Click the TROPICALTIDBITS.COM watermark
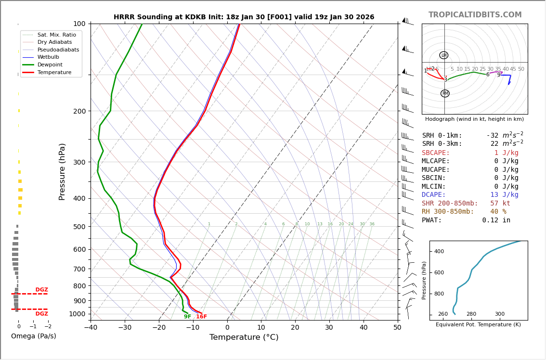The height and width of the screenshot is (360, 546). (475, 15)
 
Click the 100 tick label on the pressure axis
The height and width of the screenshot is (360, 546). (79, 24)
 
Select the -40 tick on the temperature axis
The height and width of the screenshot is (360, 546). (91, 328)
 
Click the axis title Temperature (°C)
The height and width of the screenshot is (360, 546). (244, 337)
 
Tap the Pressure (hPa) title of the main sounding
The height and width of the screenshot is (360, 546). (62, 171)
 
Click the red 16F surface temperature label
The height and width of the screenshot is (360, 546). (201, 317)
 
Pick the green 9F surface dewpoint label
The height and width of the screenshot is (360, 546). (187, 317)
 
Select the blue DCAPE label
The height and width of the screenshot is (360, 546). (434, 195)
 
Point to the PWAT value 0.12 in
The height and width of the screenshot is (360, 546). (496, 220)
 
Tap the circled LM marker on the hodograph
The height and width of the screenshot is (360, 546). (443, 55)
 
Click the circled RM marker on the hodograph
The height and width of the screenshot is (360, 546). (445, 93)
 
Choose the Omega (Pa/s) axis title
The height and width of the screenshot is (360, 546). (33, 336)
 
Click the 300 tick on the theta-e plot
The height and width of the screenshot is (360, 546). (499, 314)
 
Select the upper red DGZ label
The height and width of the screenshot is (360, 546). (41, 290)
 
